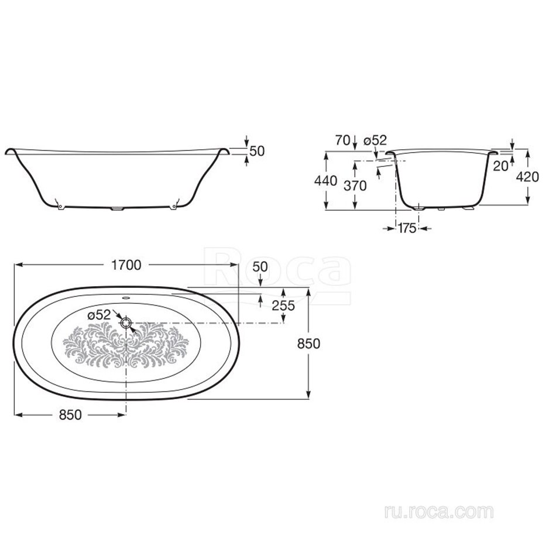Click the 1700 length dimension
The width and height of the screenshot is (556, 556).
[x=126, y=265]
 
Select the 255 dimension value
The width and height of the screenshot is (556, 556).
[x=283, y=306]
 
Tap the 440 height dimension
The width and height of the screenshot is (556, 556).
[x=325, y=181]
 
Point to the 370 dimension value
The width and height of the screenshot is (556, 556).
[x=355, y=186]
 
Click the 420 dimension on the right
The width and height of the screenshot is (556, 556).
[x=527, y=177]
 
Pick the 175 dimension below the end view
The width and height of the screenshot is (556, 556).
[x=407, y=228]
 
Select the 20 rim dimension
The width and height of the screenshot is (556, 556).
[x=500, y=166]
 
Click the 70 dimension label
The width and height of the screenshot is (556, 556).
[x=342, y=140]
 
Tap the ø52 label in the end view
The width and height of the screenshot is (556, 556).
[x=375, y=140]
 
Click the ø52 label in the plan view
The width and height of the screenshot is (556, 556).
[x=99, y=315]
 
